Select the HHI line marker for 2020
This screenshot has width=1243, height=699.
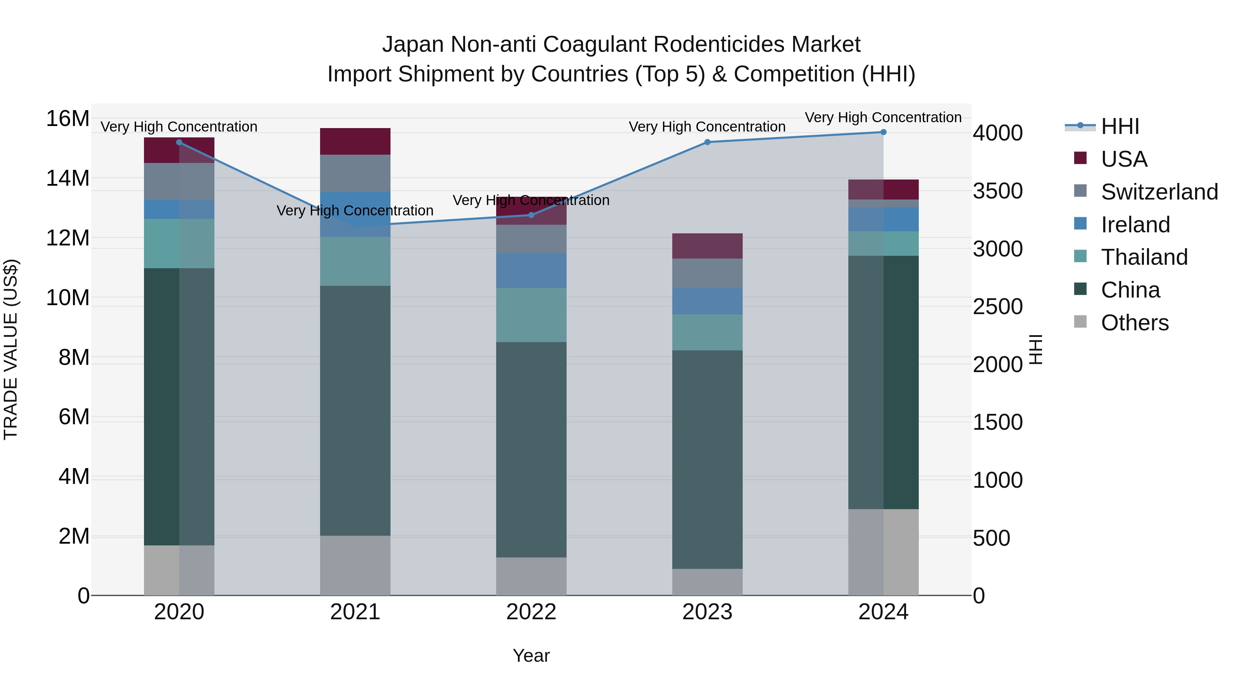point(179,142)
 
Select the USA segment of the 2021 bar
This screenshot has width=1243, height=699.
point(355,141)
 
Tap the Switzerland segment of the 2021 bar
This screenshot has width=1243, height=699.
point(355,173)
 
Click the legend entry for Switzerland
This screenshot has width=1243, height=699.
point(1159,192)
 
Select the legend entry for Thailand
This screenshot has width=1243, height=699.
point(1144,257)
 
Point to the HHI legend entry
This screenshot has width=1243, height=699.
point(1119,126)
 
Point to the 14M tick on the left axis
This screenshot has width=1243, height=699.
point(68,178)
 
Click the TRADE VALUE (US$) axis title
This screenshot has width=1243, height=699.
point(11,349)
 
